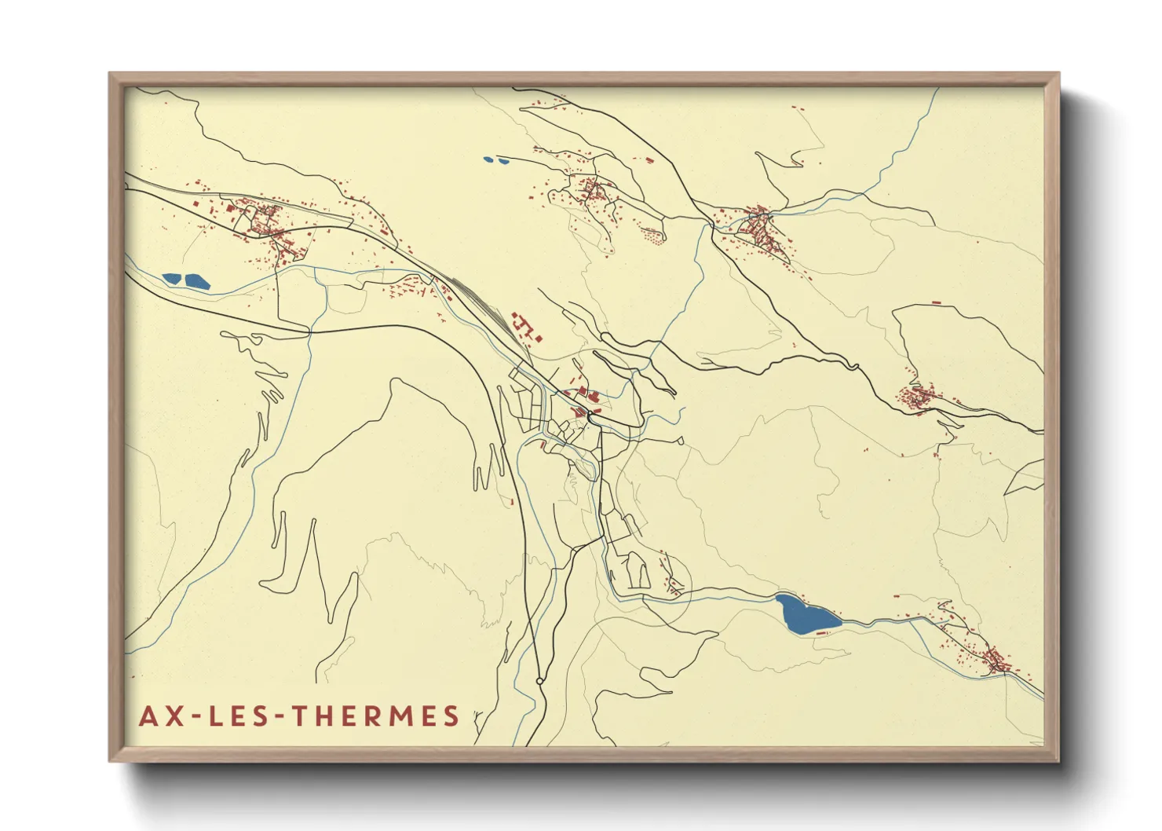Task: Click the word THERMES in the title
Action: [x=375, y=716]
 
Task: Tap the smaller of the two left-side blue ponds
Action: [x=171, y=277]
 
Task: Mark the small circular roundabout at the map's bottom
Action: [x=539, y=680]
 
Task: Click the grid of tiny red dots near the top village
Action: [x=652, y=233]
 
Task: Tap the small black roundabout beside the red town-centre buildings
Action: [x=589, y=413]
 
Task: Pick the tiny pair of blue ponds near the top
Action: [x=495, y=161]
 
